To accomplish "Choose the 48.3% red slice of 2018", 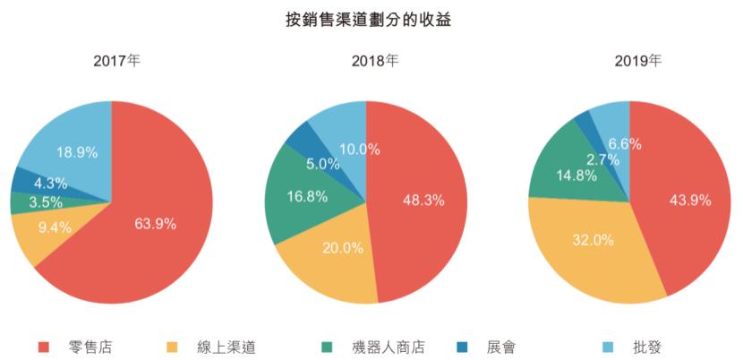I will pyautogui.click(x=423, y=201).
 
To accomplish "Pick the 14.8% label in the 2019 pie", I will pyautogui.click(x=562, y=176).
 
